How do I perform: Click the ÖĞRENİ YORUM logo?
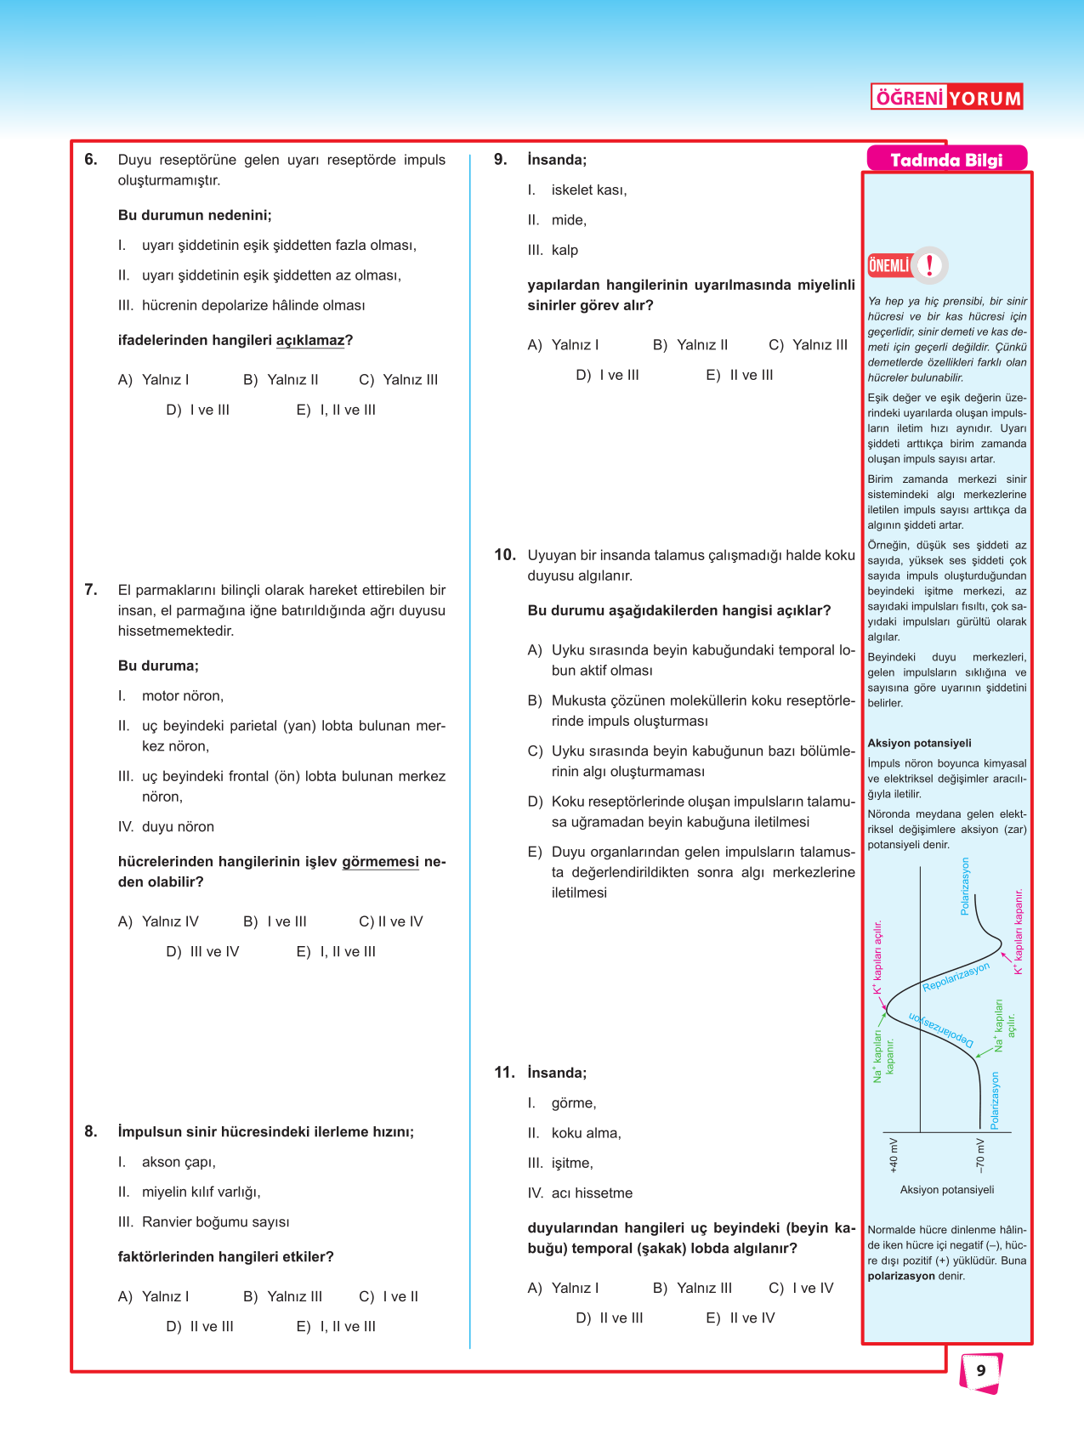click(946, 98)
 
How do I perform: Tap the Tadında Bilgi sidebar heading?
click(946, 160)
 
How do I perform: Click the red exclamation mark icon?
click(930, 265)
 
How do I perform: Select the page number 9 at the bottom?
click(981, 1370)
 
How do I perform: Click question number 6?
click(91, 160)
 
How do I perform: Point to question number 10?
click(505, 555)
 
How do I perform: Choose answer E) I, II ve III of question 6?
click(337, 410)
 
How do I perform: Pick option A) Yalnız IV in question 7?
click(158, 921)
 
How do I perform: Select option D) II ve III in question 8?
click(200, 1326)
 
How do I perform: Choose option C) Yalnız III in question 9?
click(809, 345)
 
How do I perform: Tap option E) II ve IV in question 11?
click(741, 1317)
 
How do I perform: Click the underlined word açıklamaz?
click(310, 341)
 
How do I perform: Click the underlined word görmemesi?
click(380, 862)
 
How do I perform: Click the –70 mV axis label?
click(980, 1155)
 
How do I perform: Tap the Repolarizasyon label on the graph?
click(956, 977)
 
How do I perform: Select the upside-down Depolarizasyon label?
click(940, 1028)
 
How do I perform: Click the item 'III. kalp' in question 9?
click(553, 250)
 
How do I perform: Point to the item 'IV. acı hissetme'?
click(580, 1193)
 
